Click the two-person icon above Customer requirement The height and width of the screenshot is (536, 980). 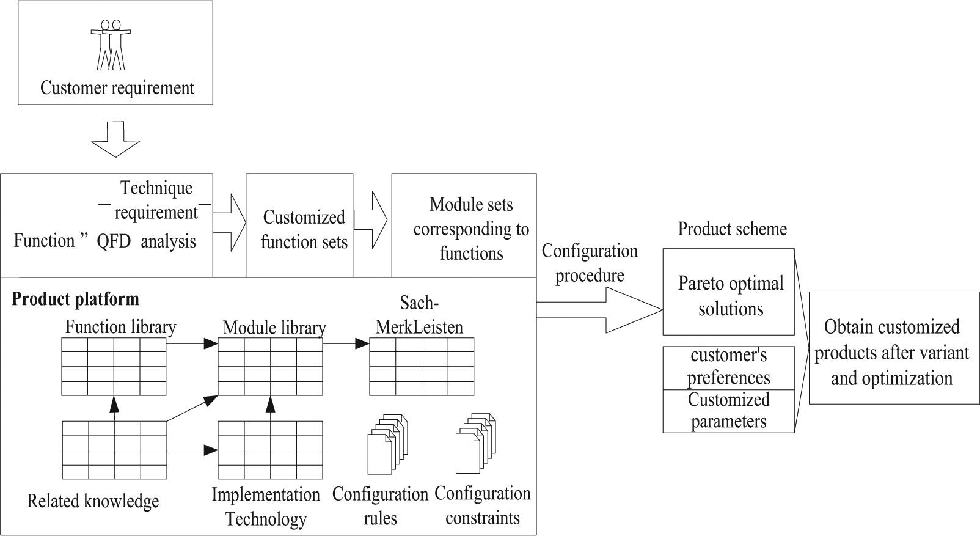[111, 45]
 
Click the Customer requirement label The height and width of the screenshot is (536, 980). [117, 87]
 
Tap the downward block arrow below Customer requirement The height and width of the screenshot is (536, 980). [115, 139]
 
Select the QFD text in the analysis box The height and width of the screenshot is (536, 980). [114, 241]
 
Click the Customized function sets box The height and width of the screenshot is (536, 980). [299, 226]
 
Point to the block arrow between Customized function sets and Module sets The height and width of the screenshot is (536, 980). [371, 219]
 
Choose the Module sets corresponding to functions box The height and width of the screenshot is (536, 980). [464, 226]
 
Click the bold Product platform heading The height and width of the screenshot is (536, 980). [75, 299]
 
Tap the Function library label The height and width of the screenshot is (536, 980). [121, 327]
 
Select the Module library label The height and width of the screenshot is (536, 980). [274, 328]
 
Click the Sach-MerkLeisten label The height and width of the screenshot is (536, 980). [419, 315]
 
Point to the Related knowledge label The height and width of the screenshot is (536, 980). [93, 501]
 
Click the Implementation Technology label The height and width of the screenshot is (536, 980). [266, 507]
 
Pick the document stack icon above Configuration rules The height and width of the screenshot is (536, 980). [387, 444]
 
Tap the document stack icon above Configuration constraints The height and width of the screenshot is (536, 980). [475, 443]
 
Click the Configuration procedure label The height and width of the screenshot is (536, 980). [590, 263]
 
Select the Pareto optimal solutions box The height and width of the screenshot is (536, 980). [728, 292]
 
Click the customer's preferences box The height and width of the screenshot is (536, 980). [728, 368]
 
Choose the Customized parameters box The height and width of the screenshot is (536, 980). [728, 411]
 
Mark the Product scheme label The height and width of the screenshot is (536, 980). [733, 229]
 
